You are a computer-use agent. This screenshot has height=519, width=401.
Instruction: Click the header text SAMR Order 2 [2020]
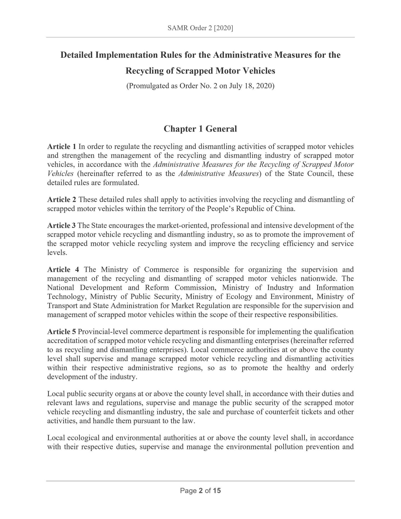pyautogui.click(x=200, y=28)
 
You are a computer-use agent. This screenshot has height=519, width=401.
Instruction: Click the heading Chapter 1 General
pyautogui.click(x=200, y=129)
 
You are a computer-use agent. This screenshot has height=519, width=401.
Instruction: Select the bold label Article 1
pyautogui.click(x=62, y=146)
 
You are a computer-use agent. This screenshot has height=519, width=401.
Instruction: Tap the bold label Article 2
pyautogui.click(x=62, y=200)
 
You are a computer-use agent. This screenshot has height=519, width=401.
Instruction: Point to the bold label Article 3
pyautogui.click(x=61, y=225)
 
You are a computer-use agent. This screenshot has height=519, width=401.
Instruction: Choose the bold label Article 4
pyautogui.click(x=63, y=269)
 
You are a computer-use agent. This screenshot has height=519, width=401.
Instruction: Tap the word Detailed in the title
pyautogui.click(x=77, y=55)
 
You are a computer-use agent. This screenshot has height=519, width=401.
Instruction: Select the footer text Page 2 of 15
pyautogui.click(x=200, y=491)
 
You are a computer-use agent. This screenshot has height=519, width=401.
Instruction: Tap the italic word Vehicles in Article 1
pyautogui.click(x=60, y=174)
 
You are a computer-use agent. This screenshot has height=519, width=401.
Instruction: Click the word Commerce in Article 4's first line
pyautogui.click(x=162, y=269)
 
